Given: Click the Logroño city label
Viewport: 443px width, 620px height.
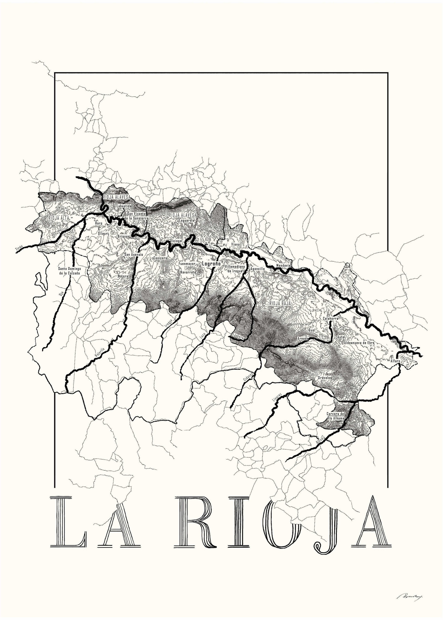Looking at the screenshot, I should [211, 264].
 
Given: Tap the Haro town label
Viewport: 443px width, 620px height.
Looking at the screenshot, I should [99, 223].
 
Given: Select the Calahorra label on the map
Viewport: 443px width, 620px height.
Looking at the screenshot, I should [330, 318].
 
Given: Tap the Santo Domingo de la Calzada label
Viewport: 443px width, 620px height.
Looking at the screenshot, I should [69, 271].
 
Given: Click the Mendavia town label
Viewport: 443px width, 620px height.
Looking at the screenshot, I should [283, 265].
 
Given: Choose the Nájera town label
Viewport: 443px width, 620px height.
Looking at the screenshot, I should [123, 276].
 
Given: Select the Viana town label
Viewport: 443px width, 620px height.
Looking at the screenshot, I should [235, 244].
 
